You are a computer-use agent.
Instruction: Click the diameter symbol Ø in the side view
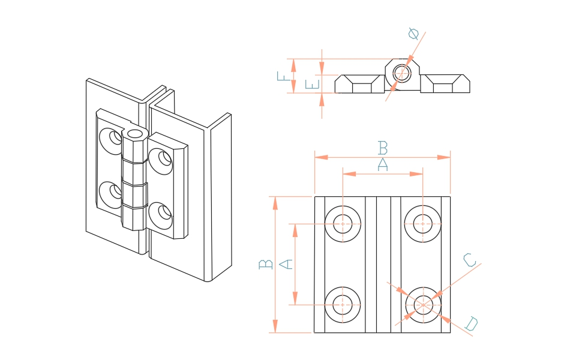413,34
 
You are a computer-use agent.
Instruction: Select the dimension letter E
311,84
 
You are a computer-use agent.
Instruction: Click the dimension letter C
470,260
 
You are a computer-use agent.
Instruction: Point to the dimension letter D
472,325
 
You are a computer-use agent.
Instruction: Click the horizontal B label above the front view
382,147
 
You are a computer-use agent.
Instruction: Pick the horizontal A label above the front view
382,164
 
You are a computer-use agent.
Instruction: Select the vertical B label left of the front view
265,264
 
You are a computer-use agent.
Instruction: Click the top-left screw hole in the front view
343,224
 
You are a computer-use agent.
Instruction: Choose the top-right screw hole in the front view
423,224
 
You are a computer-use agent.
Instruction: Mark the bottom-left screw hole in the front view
343,305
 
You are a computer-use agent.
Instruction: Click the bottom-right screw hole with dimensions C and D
423,305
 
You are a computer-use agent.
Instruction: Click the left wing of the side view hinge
359,85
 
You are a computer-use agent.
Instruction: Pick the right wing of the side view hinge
445,85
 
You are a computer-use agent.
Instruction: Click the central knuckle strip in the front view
383,264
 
